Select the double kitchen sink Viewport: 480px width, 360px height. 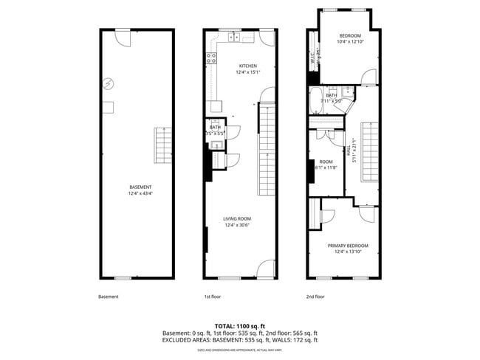coord(233,36)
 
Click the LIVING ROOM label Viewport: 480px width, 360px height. coord(239,219)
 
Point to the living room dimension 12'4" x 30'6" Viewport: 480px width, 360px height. coord(239,226)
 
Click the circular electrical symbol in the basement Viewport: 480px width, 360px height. coord(109,83)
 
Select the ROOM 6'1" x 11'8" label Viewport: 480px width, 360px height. coord(326,164)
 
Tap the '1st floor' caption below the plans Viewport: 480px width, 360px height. coord(213,297)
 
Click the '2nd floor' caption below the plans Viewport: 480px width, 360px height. coord(315,297)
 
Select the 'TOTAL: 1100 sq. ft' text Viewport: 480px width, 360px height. coord(240,325)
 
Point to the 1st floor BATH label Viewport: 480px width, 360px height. coord(215,127)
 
